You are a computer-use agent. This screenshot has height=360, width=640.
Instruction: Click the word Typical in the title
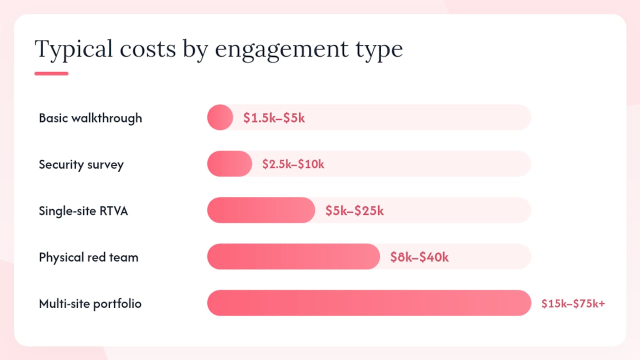point(73,49)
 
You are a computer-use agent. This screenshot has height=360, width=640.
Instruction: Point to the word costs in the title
point(147,49)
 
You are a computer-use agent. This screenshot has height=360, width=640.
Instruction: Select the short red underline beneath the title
point(51,73)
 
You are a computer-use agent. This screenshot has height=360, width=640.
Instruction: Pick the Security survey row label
point(81,165)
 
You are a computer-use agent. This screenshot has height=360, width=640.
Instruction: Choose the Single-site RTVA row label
point(83,211)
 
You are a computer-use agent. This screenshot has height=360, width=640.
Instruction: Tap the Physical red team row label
point(88,257)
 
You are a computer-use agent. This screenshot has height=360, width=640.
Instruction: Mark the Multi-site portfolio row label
point(90,303)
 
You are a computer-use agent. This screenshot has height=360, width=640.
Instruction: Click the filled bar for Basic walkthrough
point(220,117)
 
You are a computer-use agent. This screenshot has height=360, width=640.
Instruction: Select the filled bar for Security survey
point(229,163)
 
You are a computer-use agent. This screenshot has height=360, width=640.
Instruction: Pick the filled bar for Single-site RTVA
point(261,210)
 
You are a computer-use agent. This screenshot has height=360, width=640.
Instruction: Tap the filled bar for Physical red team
point(293,256)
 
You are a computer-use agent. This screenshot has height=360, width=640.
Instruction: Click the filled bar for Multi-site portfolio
point(369,303)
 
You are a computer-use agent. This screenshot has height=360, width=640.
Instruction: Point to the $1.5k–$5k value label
point(274,117)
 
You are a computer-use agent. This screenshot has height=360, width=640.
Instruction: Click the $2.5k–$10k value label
point(293,164)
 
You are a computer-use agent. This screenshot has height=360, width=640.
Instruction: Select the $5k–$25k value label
point(354,210)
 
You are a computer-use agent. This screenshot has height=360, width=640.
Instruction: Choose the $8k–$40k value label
point(419,257)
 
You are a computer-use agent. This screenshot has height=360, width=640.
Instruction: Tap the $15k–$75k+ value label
point(573,303)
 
